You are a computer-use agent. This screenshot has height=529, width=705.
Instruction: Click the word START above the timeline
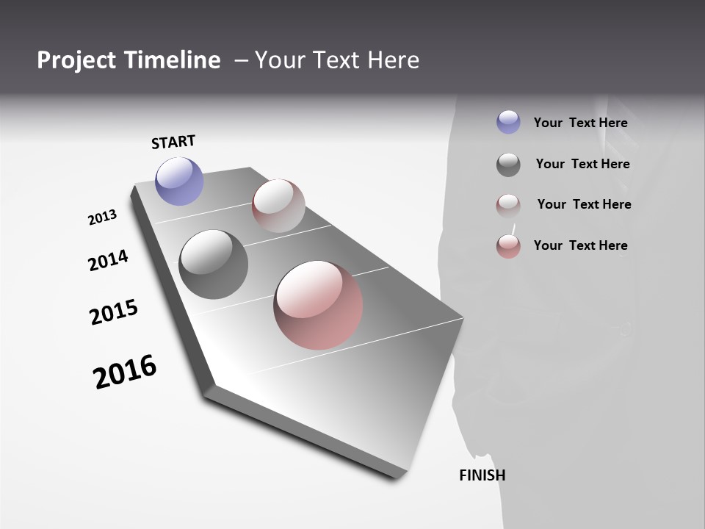[173, 142]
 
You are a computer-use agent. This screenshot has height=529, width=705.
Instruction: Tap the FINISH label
[482, 475]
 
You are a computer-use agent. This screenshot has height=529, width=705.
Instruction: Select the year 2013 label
[102, 217]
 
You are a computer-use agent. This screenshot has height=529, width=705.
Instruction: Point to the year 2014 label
[108, 260]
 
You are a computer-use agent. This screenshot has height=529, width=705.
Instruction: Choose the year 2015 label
[113, 312]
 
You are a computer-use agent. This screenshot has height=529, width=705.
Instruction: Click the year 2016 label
[125, 372]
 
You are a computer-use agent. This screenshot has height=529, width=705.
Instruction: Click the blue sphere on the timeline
[179, 181]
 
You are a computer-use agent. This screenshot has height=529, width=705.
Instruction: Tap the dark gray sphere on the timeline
[213, 264]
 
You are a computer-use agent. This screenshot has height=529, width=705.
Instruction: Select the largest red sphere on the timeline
[318, 304]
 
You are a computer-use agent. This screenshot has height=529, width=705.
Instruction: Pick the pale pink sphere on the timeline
[278, 205]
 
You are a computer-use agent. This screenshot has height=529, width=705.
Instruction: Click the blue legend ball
[508, 122]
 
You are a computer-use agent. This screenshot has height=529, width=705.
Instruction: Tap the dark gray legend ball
[508, 165]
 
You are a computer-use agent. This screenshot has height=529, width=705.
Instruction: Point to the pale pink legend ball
[508, 206]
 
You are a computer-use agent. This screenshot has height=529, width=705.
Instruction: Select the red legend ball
[508, 246]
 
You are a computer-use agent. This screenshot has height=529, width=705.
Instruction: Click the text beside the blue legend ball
[580, 123]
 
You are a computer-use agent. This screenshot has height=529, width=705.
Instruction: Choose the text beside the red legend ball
[580, 245]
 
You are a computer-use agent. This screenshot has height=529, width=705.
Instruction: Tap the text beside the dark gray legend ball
[582, 164]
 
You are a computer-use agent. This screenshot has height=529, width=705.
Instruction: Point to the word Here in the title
[391, 60]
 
